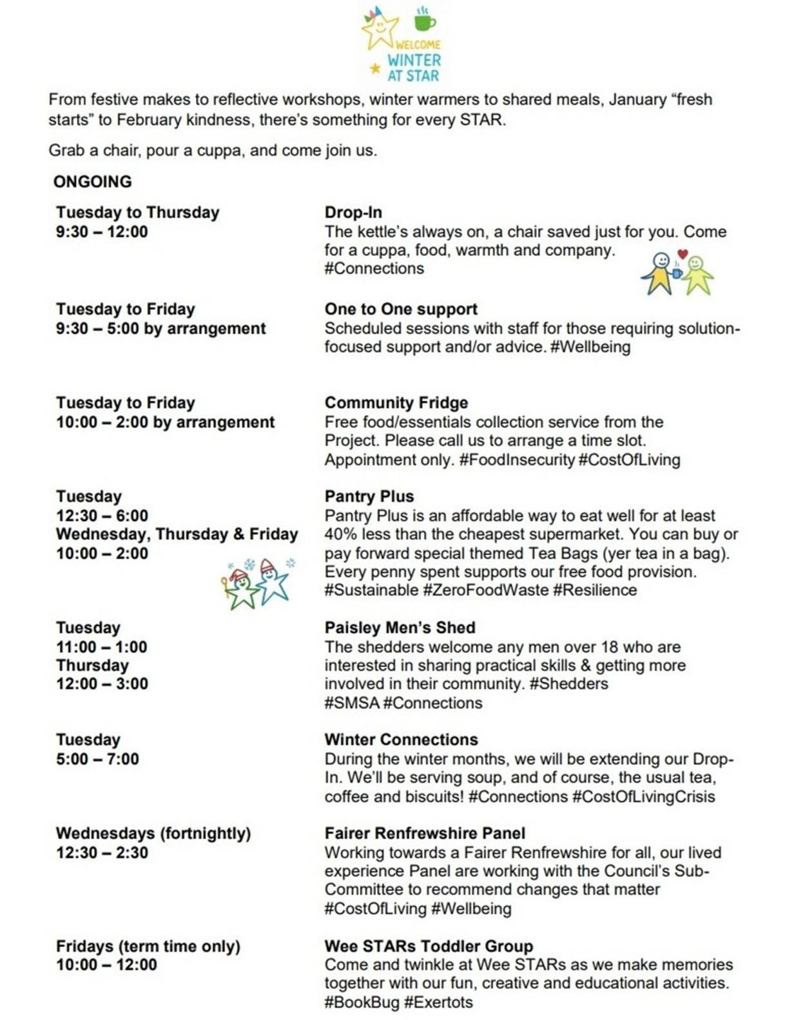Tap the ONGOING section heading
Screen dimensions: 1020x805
tap(92, 182)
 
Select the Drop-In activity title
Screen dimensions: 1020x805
tap(353, 212)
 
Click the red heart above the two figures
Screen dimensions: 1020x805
tap(683, 254)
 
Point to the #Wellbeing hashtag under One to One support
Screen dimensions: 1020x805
tap(590, 347)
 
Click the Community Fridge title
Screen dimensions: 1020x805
tap(396, 403)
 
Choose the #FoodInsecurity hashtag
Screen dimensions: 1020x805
tap(516, 460)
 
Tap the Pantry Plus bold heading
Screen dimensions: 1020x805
tap(369, 496)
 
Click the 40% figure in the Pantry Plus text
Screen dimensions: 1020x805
tap(340, 535)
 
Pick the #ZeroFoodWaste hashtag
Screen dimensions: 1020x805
tap(485, 590)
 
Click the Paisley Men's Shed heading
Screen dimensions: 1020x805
tap(400, 627)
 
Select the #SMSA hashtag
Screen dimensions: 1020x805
tap(351, 703)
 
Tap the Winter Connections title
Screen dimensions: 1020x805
tap(401, 740)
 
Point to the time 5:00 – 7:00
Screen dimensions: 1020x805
tap(97, 759)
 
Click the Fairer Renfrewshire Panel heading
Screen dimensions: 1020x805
tap(425, 833)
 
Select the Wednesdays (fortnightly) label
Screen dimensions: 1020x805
tap(153, 833)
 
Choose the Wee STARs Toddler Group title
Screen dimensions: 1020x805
tap(429, 946)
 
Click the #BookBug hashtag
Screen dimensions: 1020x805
tap(362, 1002)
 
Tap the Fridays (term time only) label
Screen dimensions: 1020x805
tap(148, 946)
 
